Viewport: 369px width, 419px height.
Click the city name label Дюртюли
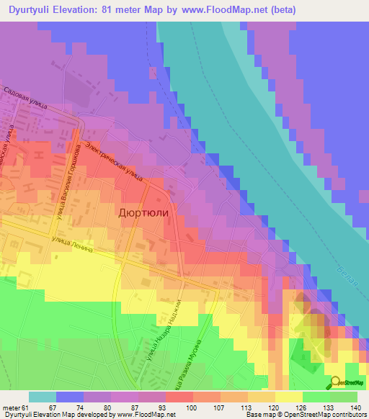(x=147, y=213)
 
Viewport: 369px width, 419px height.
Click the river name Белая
(x=349, y=273)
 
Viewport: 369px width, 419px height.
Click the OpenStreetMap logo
(x=347, y=382)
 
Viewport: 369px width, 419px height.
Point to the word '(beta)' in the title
(x=277, y=11)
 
